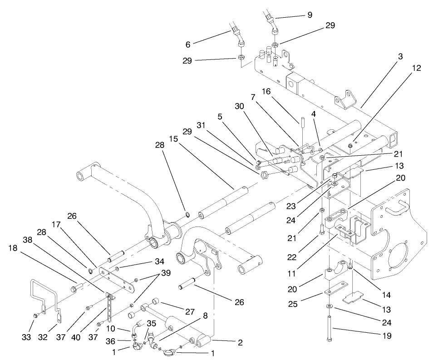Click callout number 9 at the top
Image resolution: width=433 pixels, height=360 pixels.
point(310,15)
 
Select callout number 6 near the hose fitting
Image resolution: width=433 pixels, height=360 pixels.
point(188,44)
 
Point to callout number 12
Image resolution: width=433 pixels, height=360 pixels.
point(416,68)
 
